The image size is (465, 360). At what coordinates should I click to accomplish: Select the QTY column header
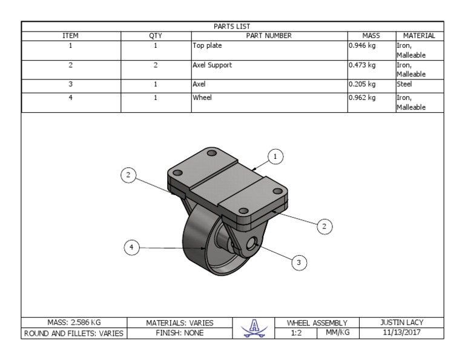pyautogui.click(x=156, y=36)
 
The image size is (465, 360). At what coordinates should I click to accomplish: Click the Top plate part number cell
pyautogui.click(x=207, y=45)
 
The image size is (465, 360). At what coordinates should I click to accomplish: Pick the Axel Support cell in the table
pyautogui.click(x=212, y=65)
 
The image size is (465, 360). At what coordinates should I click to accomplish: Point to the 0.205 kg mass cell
pyautogui.click(x=362, y=85)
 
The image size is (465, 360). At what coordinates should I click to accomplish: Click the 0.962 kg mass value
pyautogui.click(x=362, y=97)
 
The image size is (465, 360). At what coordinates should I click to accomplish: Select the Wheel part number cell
pyautogui.click(x=202, y=97)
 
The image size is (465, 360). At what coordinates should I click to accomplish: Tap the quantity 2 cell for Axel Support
pyautogui.click(x=156, y=65)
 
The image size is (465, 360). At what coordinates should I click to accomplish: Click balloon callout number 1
pyautogui.click(x=275, y=157)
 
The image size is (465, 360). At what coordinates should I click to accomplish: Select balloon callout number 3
pyautogui.click(x=298, y=262)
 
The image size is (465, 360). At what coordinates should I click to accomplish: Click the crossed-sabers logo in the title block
pyautogui.click(x=254, y=327)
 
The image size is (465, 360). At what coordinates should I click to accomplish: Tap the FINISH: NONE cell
pyautogui.click(x=180, y=333)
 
